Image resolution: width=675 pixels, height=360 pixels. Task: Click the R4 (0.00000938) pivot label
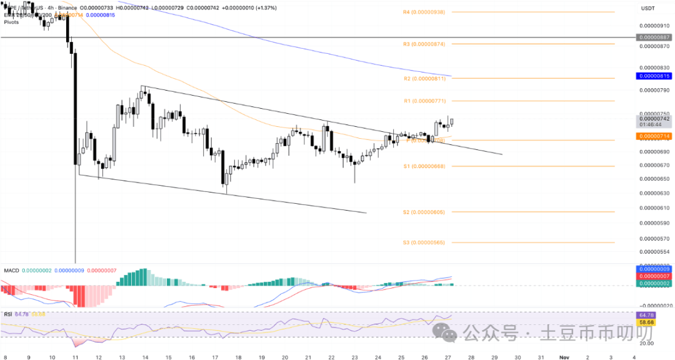pyautogui.click(x=424, y=12)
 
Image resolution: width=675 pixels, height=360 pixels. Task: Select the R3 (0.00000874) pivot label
pyautogui.click(x=424, y=44)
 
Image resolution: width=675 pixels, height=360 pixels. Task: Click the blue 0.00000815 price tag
pyautogui.click(x=653, y=76)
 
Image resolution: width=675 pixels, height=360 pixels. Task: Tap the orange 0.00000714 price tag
pyautogui.click(x=653, y=136)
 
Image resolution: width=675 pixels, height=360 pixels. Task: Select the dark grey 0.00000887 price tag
pyautogui.click(x=653, y=37)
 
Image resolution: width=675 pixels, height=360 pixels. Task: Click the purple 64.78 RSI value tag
pyautogui.click(x=645, y=314)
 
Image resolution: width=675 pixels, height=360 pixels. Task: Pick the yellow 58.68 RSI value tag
pyautogui.click(x=645, y=322)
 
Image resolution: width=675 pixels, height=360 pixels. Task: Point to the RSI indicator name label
pyautogui.click(x=8, y=314)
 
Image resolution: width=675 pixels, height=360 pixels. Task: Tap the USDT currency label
pyautogui.click(x=647, y=8)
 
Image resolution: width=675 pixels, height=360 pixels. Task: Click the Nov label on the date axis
pyautogui.click(x=564, y=356)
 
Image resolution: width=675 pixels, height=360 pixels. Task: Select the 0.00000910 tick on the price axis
pyautogui.click(x=653, y=26)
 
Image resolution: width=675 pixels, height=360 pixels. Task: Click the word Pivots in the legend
pyautogui.click(x=11, y=22)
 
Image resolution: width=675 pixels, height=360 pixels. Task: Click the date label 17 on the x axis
pyautogui.click(x=214, y=356)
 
